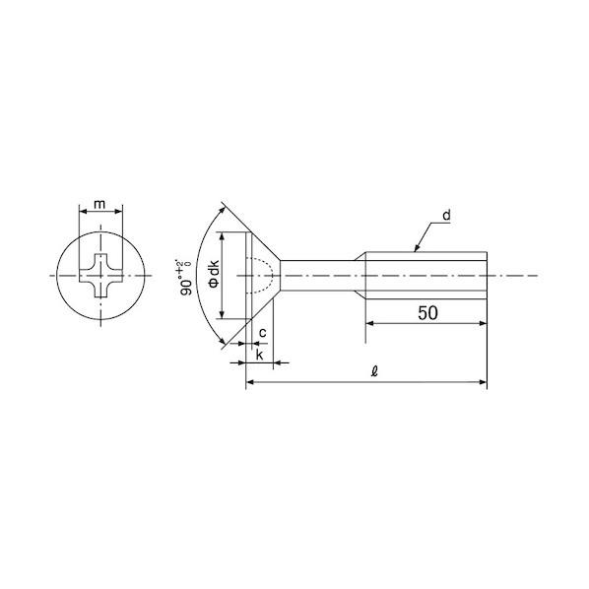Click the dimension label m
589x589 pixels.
99,204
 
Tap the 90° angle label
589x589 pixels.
185,277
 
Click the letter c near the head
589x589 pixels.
263,333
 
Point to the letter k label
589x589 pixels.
260,355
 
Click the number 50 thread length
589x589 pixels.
427,313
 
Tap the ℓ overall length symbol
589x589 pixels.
374,371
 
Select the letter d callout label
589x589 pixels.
446,216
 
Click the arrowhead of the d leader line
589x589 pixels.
417,248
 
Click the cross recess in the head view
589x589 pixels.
100,276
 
